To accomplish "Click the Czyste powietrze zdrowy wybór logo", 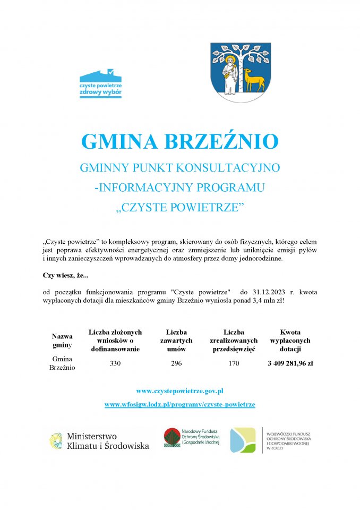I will pyautogui.click(x=100, y=83).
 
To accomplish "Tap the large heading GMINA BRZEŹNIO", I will pyautogui.click(x=179, y=142).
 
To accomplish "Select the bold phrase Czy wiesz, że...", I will pyautogui.click(x=65, y=275).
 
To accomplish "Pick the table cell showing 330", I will pyautogui.click(x=115, y=363).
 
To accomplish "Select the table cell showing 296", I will pyautogui.click(x=176, y=363).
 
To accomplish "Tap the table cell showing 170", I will pyautogui.click(x=234, y=363).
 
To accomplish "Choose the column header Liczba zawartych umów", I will pyautogui.click(x=176, y=341).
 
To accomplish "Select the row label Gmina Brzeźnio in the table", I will pyautogui.click(x=62, y=363).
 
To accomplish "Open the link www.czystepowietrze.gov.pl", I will pyautogui.click(x=179, y=390).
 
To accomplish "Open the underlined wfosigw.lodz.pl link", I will pyautogui.click(x=179, y=404).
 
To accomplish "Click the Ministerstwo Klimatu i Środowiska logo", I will pyautogui.click(x=99, y=441).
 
